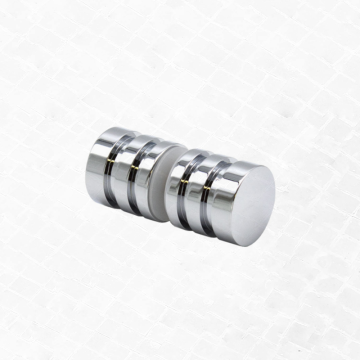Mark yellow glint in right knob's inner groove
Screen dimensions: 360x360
(x=196, y=208)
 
